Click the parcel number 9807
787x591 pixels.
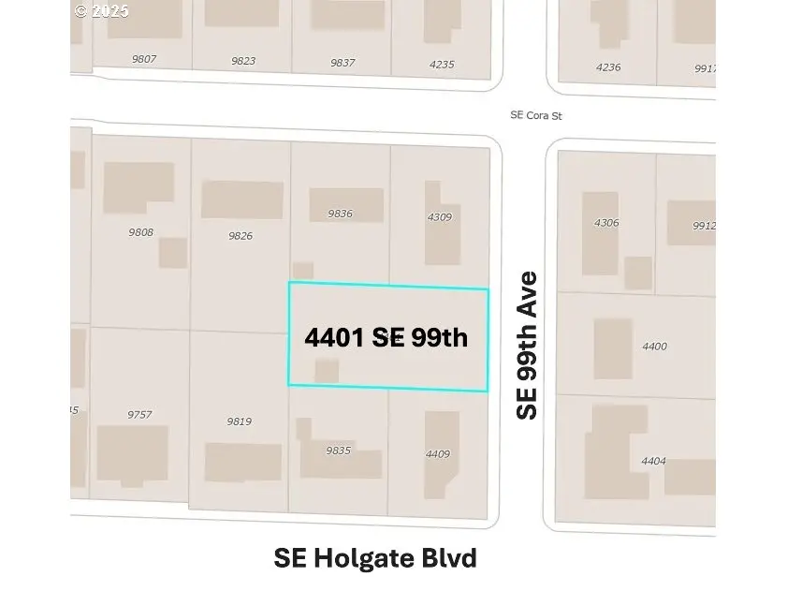click(144, 59)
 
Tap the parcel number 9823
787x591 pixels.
click(243, 61)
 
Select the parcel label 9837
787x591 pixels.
click(342, 63)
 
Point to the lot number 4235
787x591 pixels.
click(441, 65)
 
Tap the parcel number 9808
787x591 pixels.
click(141, 232)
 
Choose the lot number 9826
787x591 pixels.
click(240, 235)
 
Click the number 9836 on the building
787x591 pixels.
click(341, 214)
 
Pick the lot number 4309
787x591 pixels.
click(439, 217)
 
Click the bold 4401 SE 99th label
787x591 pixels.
click(386, 337)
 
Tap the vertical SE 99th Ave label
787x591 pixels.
click(528, 345)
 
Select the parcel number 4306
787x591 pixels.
click(606, 223)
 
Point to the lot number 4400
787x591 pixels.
click(654, 347)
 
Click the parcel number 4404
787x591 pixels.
click(654, 461)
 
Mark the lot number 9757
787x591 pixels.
click(139, 414)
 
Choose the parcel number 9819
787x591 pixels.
click(240, 421)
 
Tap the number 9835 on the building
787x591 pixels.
click(338, 451)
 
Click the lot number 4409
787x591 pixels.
click(438, 454)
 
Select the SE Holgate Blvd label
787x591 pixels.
click(375, 558)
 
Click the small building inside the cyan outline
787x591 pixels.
click(327, 371)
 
